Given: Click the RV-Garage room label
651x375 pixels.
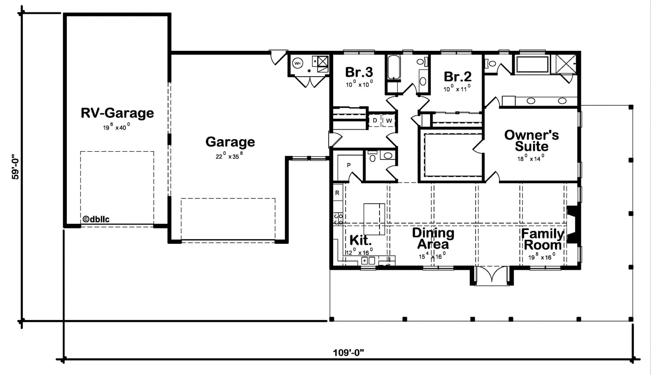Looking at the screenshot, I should (117, 113).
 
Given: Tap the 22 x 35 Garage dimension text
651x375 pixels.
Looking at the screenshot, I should (229, 156).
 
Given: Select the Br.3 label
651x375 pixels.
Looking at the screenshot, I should (359, 72).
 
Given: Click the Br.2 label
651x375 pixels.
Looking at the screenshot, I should (457, 77).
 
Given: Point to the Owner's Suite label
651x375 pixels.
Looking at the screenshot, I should (531, 140).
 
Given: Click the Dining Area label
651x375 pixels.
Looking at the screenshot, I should (433, 238).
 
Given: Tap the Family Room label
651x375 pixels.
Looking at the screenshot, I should (542, 239).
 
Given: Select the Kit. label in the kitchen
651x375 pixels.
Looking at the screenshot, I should (360, 241).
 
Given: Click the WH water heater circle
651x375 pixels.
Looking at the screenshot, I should (297, 63).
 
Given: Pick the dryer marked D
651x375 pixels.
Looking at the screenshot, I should (375, 120).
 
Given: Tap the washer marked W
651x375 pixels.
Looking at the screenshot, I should (389, 121).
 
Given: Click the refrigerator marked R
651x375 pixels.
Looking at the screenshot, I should (337, 193).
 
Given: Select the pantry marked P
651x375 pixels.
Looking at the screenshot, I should (349, 165).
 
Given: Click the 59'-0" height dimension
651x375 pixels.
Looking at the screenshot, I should (15, 167).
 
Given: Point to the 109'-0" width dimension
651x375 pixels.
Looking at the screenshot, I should (348, 353).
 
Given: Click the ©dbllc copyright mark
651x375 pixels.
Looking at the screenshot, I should (96, 219).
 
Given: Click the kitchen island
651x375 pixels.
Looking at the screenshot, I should (374, 219).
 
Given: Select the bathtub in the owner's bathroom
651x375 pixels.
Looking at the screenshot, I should (532, 65).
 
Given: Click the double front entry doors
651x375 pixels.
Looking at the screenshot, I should (492, 275).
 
